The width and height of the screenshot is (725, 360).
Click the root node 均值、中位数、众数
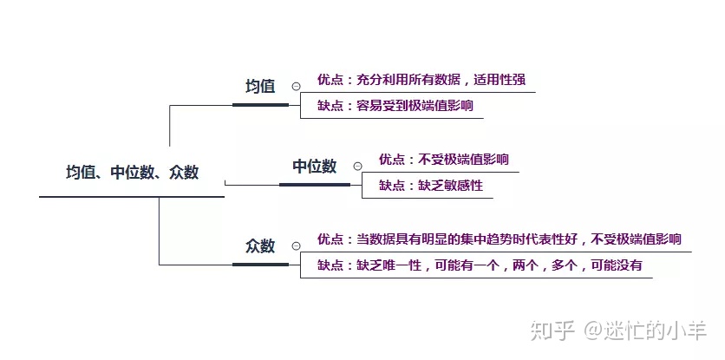pyautogui.click(x=132, y=173)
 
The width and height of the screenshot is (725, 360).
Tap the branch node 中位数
pyautogui.click(x=314, y=167)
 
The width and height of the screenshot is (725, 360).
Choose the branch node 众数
pyautogui.click(x=260, y=245)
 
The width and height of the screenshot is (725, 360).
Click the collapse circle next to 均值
pyautogui.click(x=297, y=87)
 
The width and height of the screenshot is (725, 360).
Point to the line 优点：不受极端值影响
pyautogui.click(x=443, y=160)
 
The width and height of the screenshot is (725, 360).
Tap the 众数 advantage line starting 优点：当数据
pyautogui.click(x=499, y=239)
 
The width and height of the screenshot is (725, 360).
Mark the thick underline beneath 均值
pyautogui.click(x=260, y=104)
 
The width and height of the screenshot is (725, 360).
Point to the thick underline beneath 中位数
pyautogui.click(x=314, y=184)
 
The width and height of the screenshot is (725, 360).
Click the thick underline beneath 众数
pyautogui.click(x=260, y=264)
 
